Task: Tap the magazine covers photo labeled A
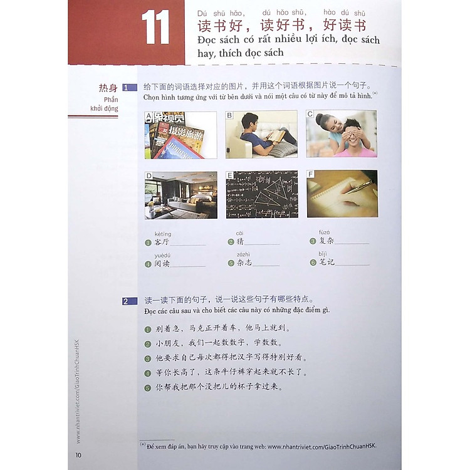pyautogui.click(x=180, y=135)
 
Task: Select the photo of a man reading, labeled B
pyautogui.click(x=261, y=134)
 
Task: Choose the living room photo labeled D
pyautogui.click(x=180, y=195)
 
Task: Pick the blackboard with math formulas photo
pyautogui.click(x=261, y=194)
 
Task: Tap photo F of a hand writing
pyautogui.click(x=342, y=194)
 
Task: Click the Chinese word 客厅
pyautogui.click(x=161, y=243)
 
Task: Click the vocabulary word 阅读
pyautogui.click(x=162, y=263)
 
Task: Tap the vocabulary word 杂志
pyautogui.click(x=244, y=263)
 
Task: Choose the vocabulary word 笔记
pyautogui.click(x=325, y=263)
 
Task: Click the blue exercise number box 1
pyautogui.click(x=130, y=88)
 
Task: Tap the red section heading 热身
pyautogui.click(x=108, y=87)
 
